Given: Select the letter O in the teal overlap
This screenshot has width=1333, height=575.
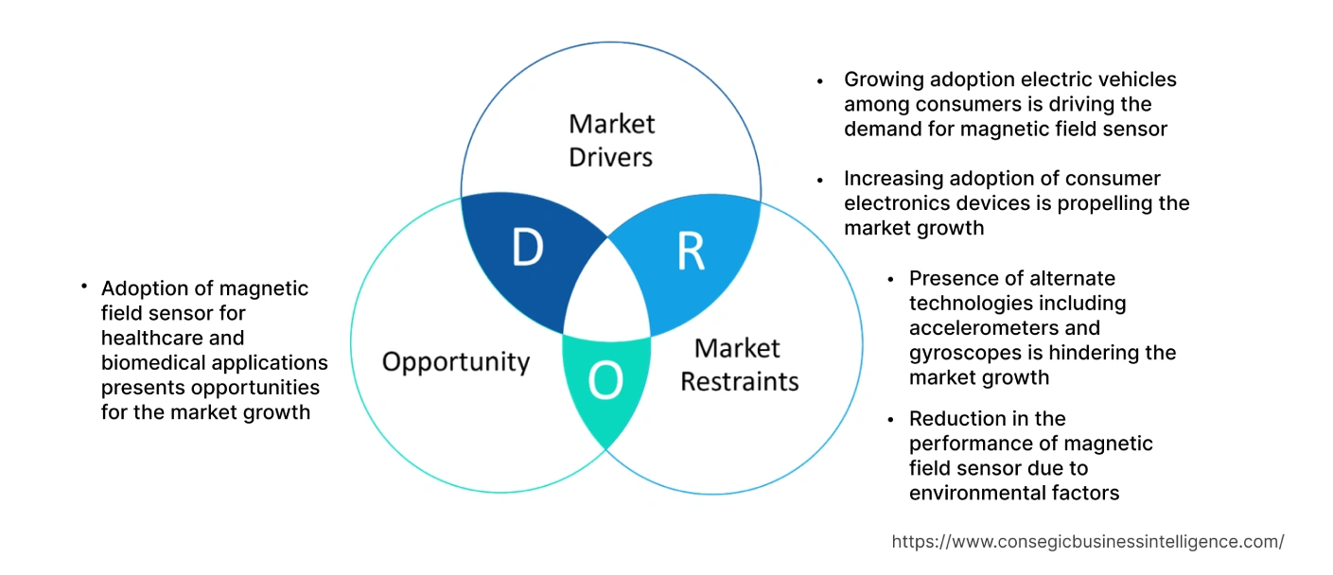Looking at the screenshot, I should [x=605, y=381].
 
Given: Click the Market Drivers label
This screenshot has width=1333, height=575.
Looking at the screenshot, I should [x=611, y=140].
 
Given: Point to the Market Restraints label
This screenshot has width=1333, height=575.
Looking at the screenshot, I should [x=740, y=365].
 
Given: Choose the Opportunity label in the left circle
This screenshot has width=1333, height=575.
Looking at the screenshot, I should [x=456, y=362].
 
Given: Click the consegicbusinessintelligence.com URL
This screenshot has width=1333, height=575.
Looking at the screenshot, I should [x=1088, y=542].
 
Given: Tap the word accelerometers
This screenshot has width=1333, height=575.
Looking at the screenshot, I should [x=1005, y=328].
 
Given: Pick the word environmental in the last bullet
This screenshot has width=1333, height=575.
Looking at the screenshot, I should [x=975, y=493].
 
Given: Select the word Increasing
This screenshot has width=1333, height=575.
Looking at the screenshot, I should [x=893, y=178].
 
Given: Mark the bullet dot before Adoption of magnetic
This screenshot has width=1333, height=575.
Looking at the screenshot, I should [x=84, y=285].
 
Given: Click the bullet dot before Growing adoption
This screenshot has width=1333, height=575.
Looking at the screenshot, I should [x=820, y=81].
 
